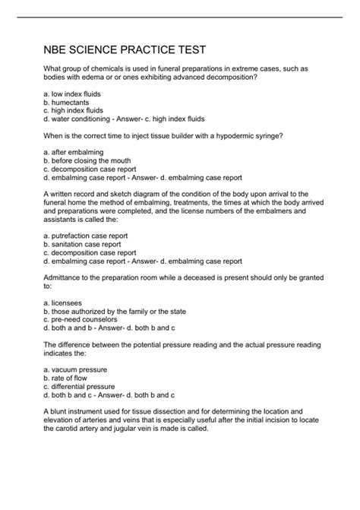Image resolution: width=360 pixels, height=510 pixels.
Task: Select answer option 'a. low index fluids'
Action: (72, 93)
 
